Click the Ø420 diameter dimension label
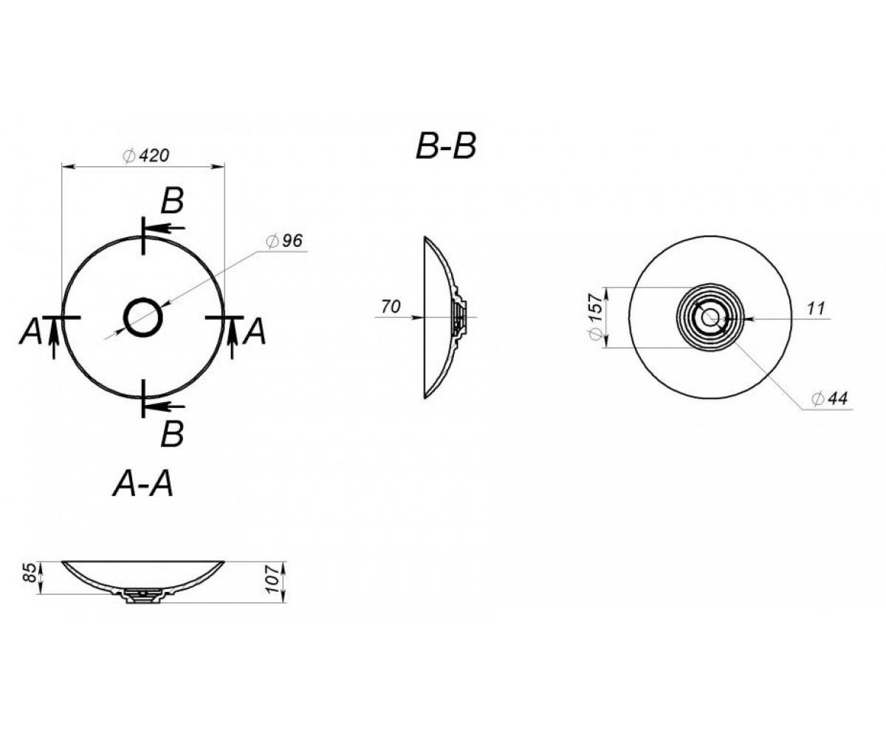point(145,156)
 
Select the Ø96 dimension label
point(284,241)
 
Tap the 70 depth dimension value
point(391,306)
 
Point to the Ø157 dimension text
point(596,316)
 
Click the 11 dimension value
point(816,308)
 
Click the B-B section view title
point(446,147)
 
